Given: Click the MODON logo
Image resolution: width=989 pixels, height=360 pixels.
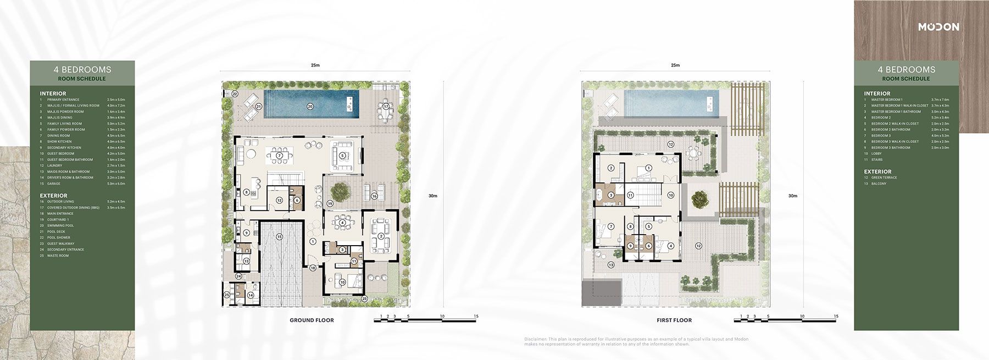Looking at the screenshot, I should [938, 27].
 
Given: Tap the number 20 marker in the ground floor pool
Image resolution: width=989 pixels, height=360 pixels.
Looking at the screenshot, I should [310, 107].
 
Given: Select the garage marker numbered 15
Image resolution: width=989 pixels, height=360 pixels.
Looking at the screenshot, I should [279, 236].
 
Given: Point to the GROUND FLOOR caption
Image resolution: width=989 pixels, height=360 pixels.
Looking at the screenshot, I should [312, 320].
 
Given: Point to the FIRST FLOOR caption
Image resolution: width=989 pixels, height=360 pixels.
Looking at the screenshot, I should [674, 320].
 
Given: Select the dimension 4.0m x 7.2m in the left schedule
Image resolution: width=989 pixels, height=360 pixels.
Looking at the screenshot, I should [116, 106].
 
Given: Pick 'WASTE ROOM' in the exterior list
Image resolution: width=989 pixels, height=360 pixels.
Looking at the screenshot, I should [58, 256].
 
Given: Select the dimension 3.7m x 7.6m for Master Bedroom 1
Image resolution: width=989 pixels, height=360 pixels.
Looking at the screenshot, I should [940, 99].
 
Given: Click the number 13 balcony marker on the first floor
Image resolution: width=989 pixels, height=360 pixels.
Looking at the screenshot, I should [612, 265].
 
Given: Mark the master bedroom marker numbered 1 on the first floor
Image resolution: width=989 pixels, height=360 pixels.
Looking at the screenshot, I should [648, 168].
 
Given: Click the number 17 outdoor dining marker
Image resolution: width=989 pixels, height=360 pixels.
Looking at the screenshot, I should [386, 106].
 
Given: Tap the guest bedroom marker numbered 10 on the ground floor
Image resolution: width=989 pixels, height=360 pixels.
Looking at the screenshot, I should [342, 282].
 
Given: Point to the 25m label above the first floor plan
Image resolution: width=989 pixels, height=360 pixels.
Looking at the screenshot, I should [675, 65].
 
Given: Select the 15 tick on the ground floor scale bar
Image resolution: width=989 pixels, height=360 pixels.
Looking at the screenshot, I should [476, 316].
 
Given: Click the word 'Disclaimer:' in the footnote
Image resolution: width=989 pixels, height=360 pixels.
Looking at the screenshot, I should [535, 339].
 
